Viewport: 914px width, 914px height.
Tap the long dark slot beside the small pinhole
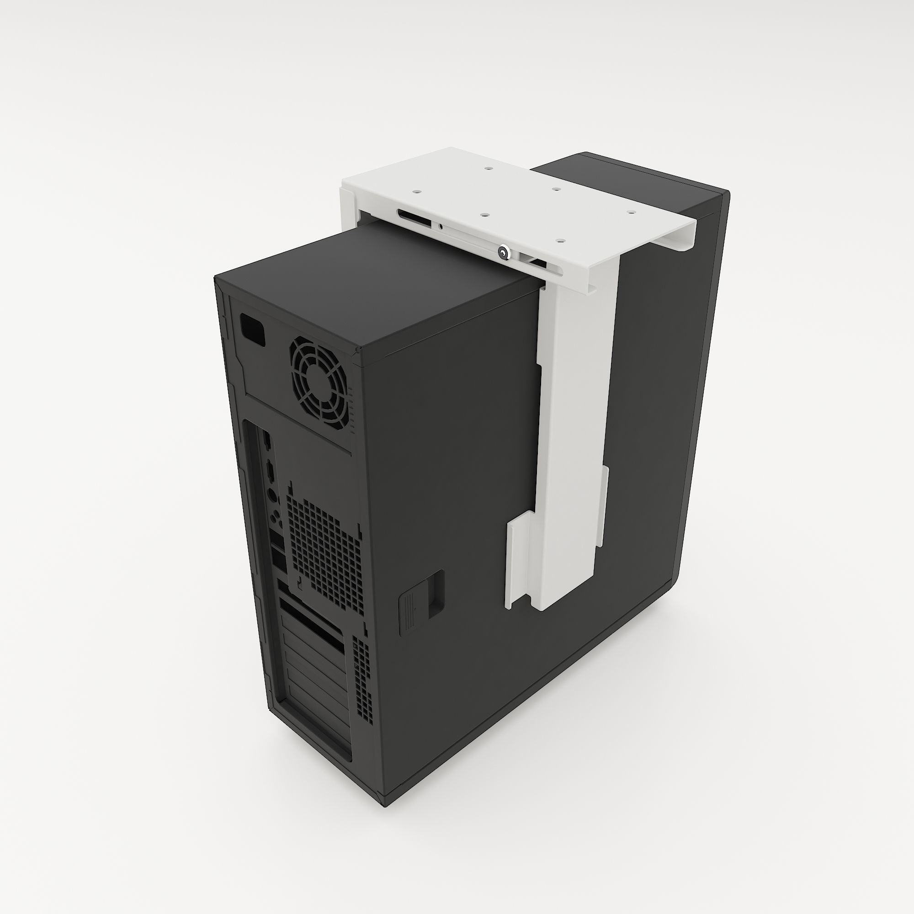(415, 218)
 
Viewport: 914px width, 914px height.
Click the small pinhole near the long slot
(441, 226)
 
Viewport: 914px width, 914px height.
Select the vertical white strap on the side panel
(577, 426)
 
